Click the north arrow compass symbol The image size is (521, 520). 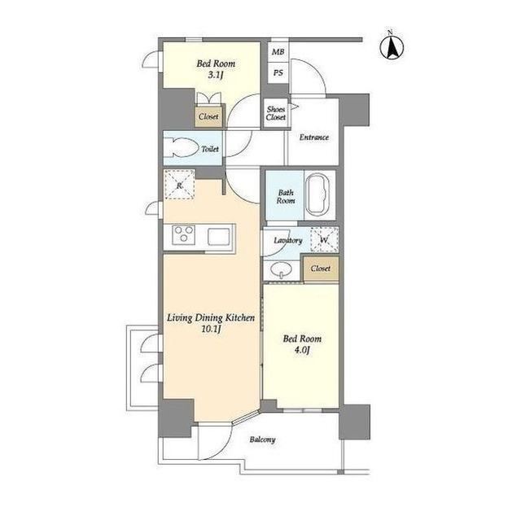point(392,46)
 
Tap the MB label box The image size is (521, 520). point(278,52)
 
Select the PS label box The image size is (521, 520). point(278,72)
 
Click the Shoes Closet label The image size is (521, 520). point(276,113)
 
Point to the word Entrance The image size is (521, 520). point(314,138)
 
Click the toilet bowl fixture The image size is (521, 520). point(181,147)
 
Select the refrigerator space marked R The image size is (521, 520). point(179,185)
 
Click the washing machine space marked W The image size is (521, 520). point(324,239)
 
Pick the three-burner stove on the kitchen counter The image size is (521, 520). point(183,234)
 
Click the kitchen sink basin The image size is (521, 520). point(219,237)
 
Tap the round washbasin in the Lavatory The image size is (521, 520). point(281,269)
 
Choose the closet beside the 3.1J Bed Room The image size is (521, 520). point(208,116)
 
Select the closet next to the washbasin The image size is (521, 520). point(321,269)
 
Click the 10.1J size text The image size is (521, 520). point(211,330)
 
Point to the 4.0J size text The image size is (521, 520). point(302,350)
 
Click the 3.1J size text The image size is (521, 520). point(215,75)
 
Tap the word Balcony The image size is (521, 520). point(262,439)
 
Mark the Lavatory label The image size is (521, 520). point(288,240)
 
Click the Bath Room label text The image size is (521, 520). point(286,197)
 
